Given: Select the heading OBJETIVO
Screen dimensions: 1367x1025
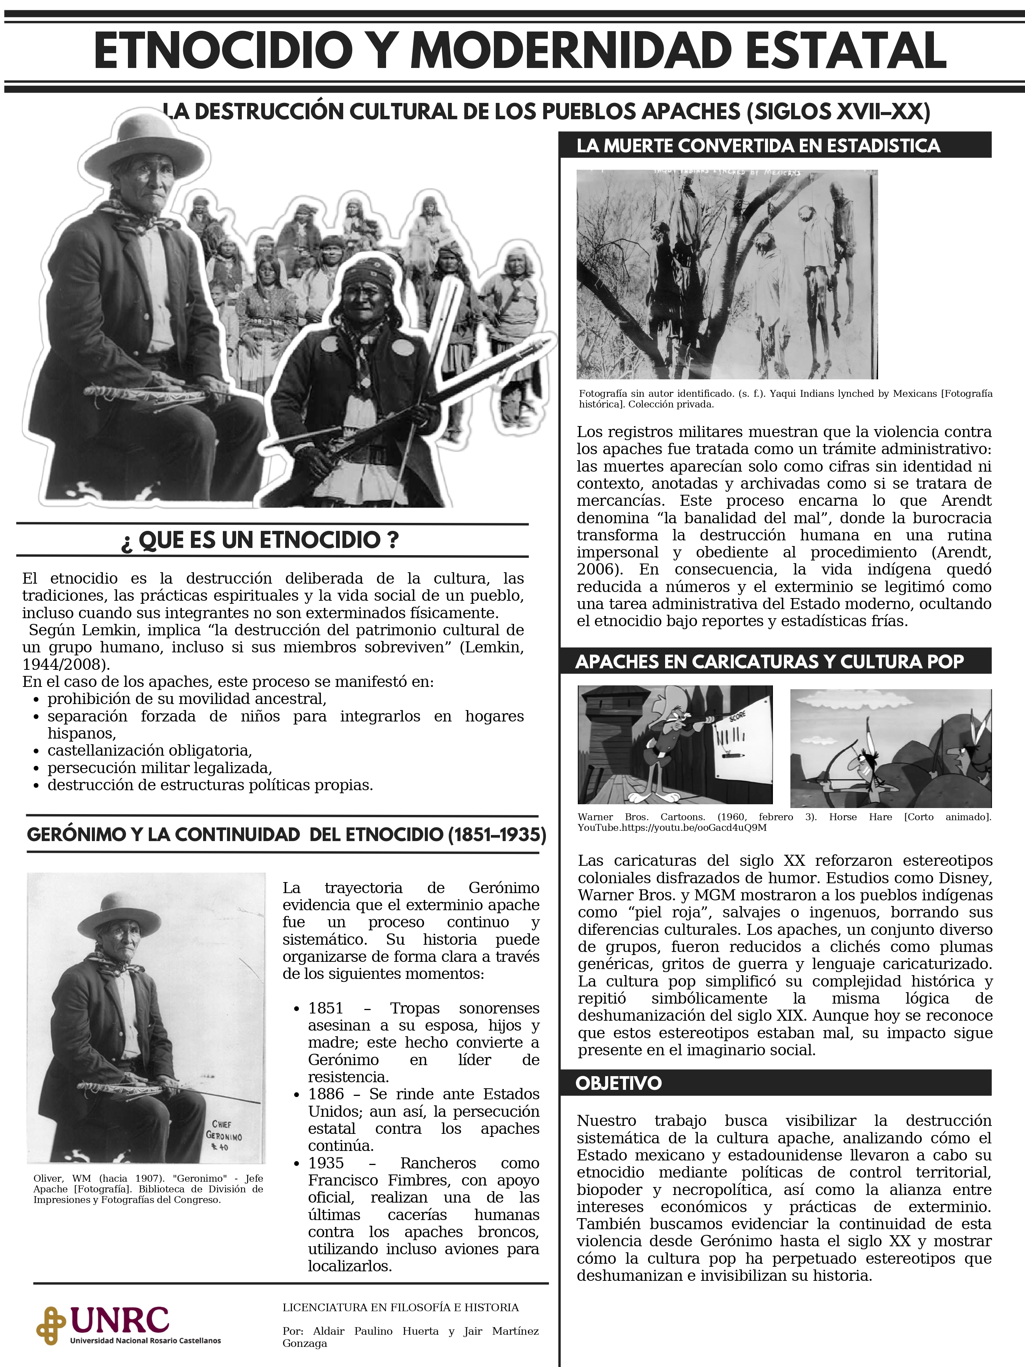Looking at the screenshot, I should (618, 1083).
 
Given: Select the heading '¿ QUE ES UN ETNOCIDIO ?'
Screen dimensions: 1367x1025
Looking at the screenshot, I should (260, 540).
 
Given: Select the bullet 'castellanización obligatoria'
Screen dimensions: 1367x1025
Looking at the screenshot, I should (150, 750).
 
